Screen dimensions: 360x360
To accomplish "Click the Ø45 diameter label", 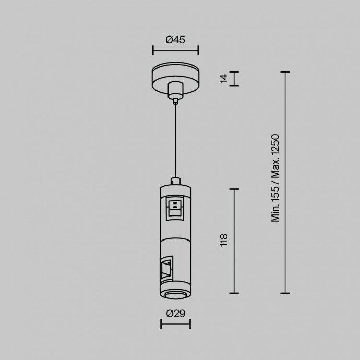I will pos(175,39).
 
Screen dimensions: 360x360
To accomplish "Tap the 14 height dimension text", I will pos(224,78).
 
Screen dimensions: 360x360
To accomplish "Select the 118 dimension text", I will pos(224,241).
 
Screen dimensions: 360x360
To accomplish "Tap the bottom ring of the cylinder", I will pos(175,295).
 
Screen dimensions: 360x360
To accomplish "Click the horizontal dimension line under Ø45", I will pos(175,51).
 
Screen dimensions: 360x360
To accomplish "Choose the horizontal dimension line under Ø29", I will pos(175,325).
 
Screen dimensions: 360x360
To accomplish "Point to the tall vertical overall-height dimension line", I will pos(285,183).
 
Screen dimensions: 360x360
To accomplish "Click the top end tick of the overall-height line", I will pos(285,72).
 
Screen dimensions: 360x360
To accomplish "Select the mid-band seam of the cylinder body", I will pos(175,238).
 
